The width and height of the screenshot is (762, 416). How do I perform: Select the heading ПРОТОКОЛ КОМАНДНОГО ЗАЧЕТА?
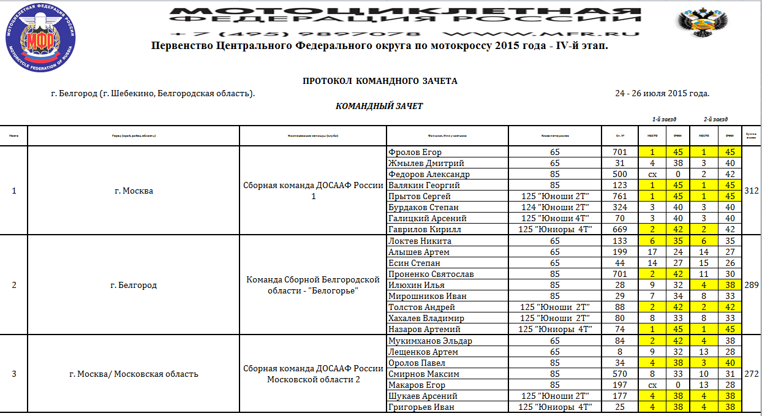(x=380, y=81)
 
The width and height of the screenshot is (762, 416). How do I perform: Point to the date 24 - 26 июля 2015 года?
(x=662, y=93)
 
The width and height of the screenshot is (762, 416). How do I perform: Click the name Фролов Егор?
(x=415, y=153)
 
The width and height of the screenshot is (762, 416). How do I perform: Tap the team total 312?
(x=751, y=191)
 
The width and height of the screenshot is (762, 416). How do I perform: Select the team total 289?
(x=751, y=285)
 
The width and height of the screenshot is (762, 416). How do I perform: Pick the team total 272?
(x=751, y=374)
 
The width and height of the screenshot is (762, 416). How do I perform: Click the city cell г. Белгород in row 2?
(x=133, y=285)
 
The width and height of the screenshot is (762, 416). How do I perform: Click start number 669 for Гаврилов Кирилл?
(x=619, y=230)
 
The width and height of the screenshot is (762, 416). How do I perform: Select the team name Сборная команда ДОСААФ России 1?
(x=313, y=191)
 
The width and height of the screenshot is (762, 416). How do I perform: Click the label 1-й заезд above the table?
(x=664, y=119)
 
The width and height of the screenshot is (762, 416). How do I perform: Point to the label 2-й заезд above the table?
(x=715, y=119)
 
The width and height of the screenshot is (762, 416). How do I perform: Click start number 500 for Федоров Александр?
(x=619, y=175)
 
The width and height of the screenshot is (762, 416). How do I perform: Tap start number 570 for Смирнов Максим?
(x=619, y=374)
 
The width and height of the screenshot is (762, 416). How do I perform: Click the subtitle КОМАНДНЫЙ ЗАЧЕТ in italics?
(x=379, y=106)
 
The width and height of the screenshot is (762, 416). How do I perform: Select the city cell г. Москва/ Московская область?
(x=133, y=374)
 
